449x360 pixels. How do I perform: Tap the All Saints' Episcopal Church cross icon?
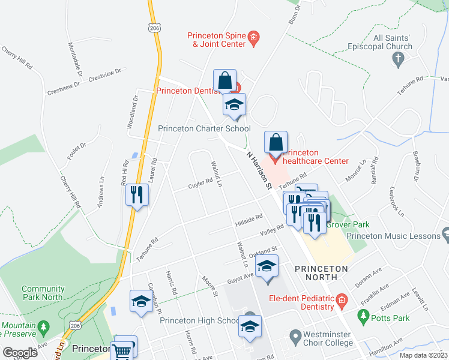(x=397, y=58)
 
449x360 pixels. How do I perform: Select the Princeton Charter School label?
(x=204, y=128)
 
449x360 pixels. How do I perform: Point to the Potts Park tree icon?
(x=362, y=315)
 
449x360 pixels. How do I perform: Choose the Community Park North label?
(x=43, y=293)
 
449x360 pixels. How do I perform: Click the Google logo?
(x=20, y=353)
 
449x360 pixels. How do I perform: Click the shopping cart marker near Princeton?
(x=124, y=349)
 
